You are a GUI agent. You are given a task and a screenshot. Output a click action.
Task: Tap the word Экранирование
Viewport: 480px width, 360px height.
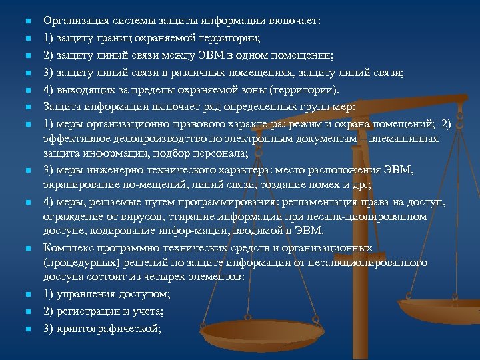pyautogui.click(x=82, y=184)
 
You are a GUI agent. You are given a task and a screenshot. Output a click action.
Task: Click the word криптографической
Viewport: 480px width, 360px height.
pyautogui.click(x=110, y=329)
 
